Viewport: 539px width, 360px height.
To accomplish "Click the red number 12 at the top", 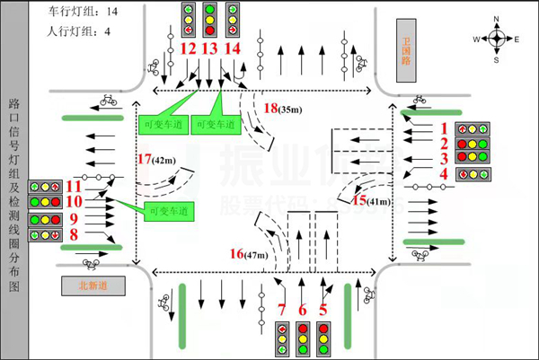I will [x=188, y=48].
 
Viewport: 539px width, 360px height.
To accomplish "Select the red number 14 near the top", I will [x=233, y=48].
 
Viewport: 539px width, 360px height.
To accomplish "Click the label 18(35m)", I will [x=281, y=108].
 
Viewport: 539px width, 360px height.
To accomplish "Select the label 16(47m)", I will [x=249, y=255].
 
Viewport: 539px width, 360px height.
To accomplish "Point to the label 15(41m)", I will [x=371, y=201].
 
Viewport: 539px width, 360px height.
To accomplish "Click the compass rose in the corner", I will [x=496, y=38].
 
